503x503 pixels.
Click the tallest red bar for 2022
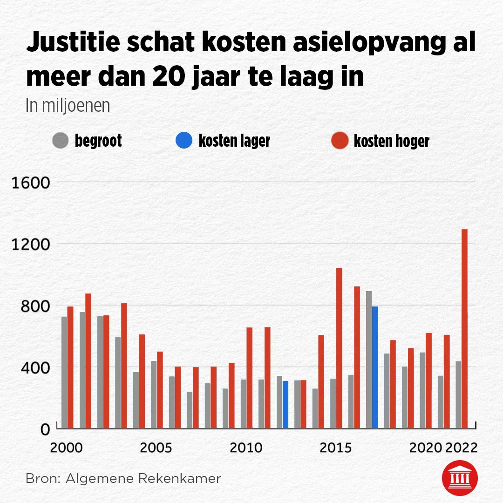464,328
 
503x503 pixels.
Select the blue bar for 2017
375,367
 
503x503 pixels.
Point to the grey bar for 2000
64,373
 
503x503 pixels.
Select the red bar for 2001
88,361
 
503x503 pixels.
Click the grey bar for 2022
458,395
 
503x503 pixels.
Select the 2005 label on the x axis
156,448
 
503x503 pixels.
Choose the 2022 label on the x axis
461,448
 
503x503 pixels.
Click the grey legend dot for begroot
61,141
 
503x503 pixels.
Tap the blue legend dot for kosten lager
184,141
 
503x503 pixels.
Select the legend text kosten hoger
391,141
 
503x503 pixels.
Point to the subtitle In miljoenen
68,106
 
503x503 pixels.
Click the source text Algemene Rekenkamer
144,478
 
